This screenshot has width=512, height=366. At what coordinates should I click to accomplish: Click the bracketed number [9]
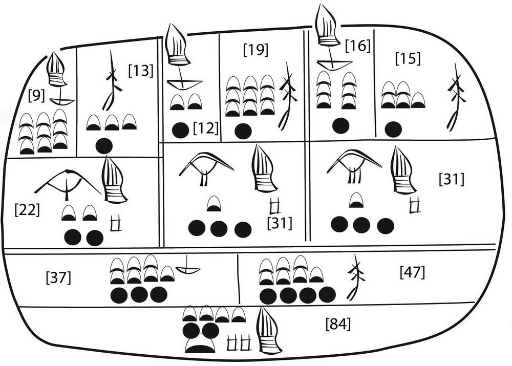click(35, 95)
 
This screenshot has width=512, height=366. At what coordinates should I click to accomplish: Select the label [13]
click(140, 70)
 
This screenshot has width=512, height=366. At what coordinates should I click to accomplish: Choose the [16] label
click(357, 46)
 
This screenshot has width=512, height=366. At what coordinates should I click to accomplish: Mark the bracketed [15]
click(408, 58)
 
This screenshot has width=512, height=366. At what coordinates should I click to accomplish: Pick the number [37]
click(58, 278)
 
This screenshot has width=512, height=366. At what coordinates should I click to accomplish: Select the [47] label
click(412, 272)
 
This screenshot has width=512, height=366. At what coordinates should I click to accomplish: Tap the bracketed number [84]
click(338, 324)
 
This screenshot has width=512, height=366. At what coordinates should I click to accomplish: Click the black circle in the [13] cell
click(104, 145)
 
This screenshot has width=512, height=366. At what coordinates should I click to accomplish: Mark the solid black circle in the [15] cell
click(393, 128)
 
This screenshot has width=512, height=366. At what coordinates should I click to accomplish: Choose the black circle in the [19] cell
click(243, 130)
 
